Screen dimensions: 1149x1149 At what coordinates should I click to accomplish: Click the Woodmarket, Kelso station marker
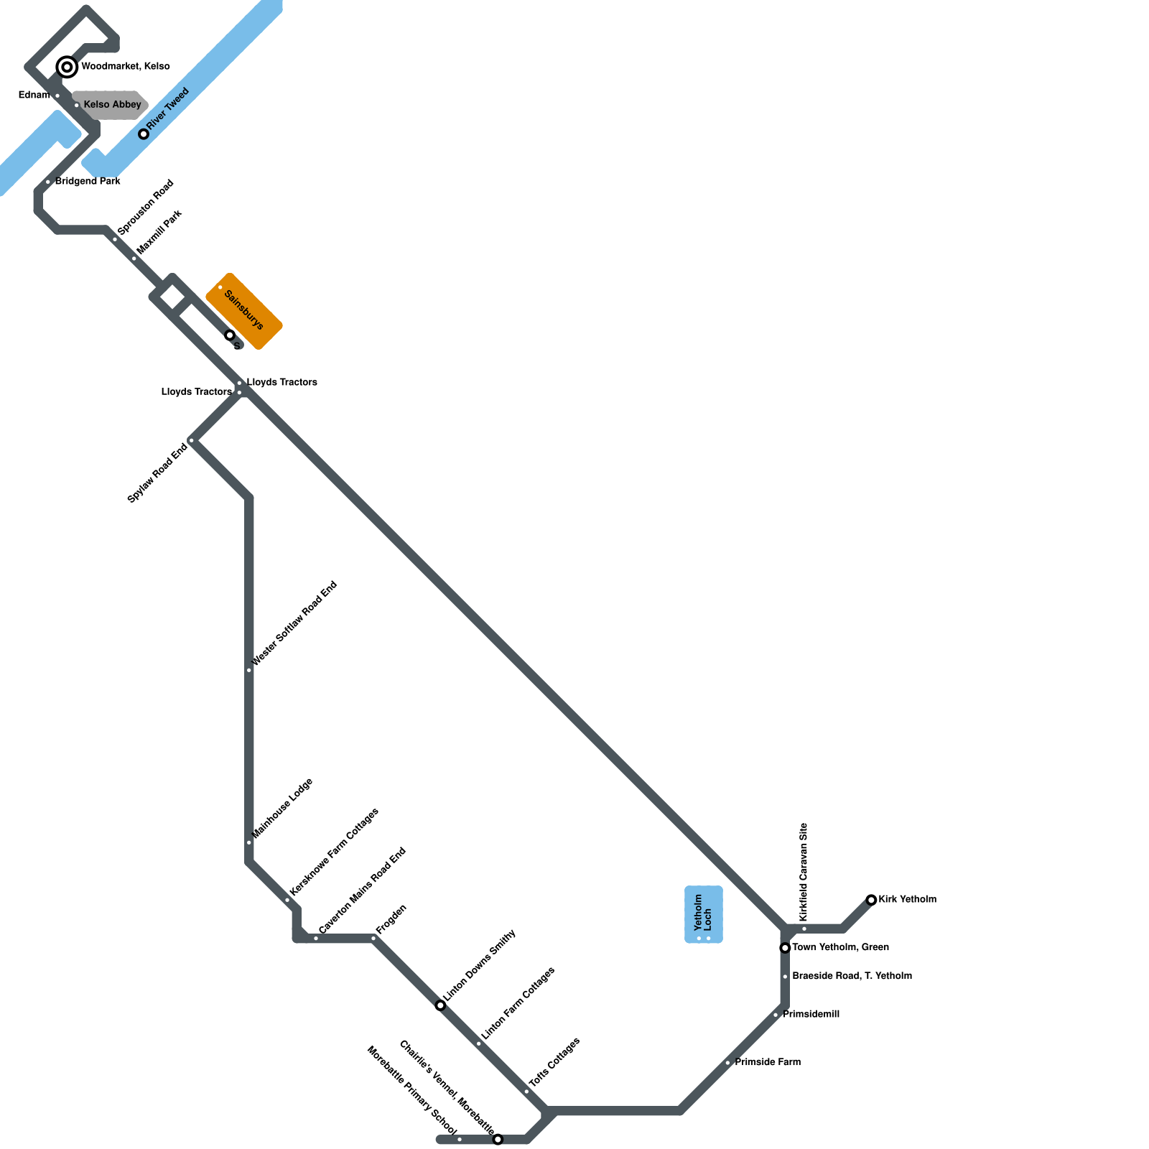67,68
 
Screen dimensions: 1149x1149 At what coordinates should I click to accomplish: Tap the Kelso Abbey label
112,105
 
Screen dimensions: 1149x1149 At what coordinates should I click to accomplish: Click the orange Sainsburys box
244,311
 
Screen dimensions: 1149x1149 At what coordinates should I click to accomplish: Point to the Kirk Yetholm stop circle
871,900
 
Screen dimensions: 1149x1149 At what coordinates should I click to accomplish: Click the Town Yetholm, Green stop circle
785,948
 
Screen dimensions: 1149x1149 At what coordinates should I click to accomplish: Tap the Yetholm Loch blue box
704,914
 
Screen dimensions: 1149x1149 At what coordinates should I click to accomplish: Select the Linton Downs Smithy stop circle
440,1005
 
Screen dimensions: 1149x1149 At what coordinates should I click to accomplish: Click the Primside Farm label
768,1062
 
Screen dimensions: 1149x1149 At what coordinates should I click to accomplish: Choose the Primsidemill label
811,1015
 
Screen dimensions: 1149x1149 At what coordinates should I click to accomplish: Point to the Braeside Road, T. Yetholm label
852,976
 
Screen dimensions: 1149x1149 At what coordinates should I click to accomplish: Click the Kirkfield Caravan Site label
804,873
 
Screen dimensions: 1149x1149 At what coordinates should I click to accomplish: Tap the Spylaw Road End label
157,473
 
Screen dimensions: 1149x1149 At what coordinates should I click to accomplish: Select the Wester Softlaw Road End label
294,624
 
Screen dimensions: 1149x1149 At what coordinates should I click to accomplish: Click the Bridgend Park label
88,182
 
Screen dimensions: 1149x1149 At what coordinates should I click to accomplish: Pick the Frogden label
391,919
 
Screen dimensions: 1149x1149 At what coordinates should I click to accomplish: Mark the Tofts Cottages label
554,1062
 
